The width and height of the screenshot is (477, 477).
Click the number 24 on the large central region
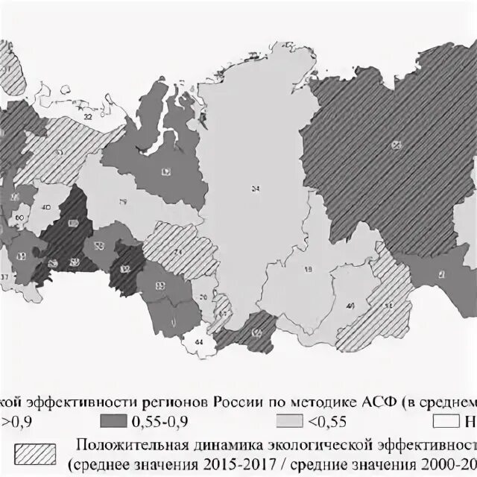coord(256,189)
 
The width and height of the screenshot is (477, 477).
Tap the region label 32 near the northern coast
coord(88,117)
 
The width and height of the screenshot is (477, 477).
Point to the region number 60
coord(19,218)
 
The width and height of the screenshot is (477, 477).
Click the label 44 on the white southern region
coord(198,341)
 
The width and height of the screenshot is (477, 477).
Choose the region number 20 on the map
coord(202,298)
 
